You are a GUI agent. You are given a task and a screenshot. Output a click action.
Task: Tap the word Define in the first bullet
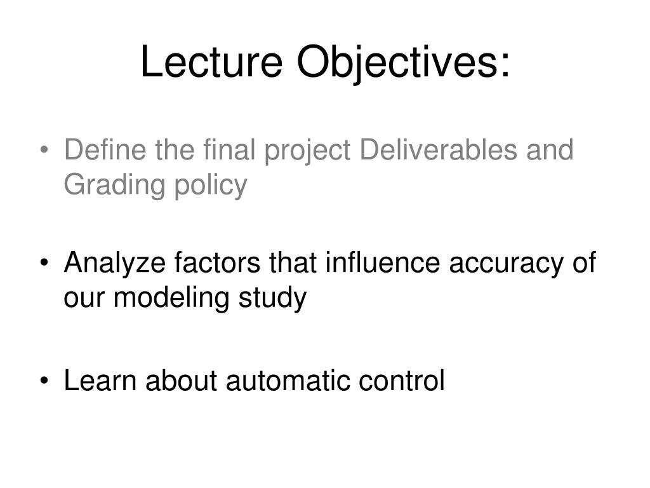(97, 150)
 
